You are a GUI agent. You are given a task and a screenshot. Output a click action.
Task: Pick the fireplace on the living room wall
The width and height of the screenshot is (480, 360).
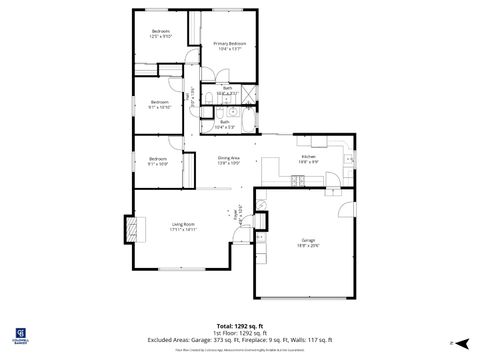128,229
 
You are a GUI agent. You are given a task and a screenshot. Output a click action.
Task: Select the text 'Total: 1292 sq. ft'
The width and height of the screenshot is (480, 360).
240,326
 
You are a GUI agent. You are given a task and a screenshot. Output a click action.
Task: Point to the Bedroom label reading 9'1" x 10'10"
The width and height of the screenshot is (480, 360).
159,104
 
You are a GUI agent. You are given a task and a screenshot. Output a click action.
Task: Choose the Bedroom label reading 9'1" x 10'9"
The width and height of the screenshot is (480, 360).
158,161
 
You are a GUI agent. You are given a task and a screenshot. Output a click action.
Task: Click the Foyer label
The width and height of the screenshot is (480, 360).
236,213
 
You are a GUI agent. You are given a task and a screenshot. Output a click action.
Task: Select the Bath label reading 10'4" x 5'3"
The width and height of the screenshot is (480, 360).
225,125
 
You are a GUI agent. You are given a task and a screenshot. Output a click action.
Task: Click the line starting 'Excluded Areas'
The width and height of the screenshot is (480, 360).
240,340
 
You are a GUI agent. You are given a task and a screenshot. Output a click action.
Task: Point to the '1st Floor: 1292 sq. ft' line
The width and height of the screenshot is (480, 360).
240,333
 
